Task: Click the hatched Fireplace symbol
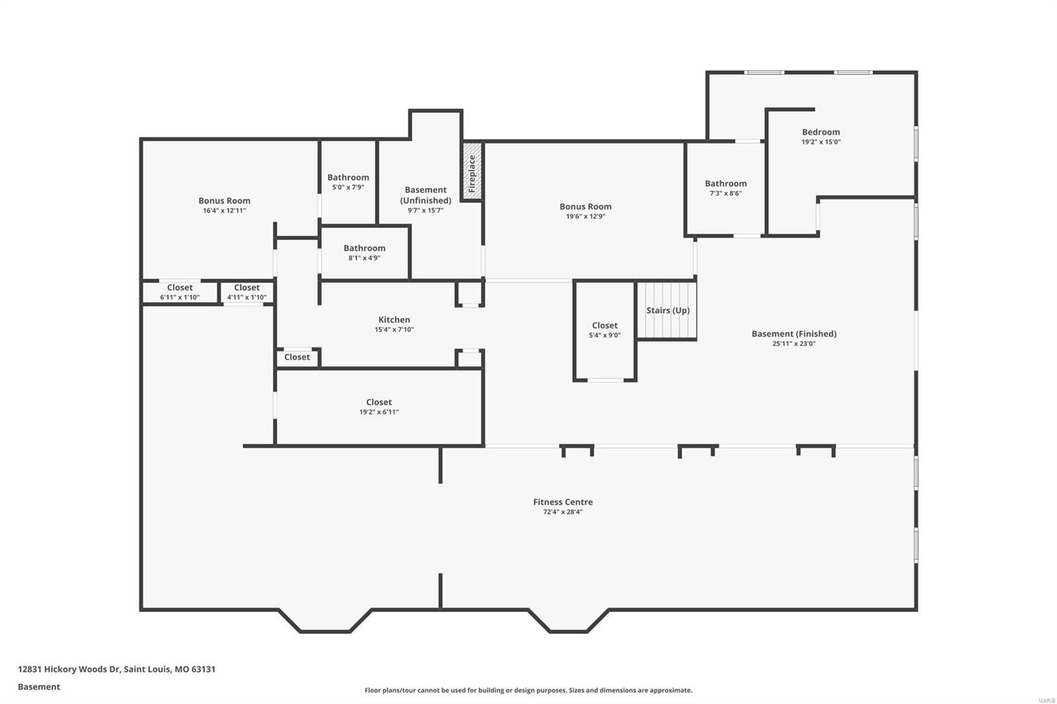472,172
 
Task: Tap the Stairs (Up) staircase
667,310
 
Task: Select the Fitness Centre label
563,502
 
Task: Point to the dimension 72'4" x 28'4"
563,512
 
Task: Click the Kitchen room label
394,320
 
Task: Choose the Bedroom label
820,132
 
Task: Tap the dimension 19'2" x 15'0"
820,142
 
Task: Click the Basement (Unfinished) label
425,195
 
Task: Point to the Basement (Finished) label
793,334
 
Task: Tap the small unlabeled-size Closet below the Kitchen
297,357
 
